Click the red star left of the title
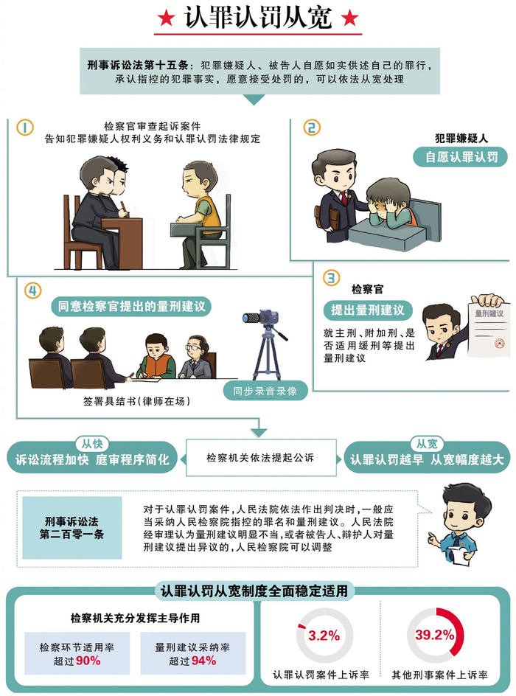[166, 18]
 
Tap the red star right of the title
[349, 18]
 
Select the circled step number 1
[25, 128]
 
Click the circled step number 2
[312, 128]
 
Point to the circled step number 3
[331, 278]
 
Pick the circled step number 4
[33, 290]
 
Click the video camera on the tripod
[261, 317]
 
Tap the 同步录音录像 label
[265, 391]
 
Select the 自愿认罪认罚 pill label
[460, 157]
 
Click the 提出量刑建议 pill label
[368, 310]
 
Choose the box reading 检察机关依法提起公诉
[260, 458]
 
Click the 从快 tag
[92, 443]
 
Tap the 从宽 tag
[426, 443]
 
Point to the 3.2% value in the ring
[324, 636]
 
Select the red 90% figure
[88, 661]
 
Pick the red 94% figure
[203, 661]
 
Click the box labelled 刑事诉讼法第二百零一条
[72, 528]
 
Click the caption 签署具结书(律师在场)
[136, 401]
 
